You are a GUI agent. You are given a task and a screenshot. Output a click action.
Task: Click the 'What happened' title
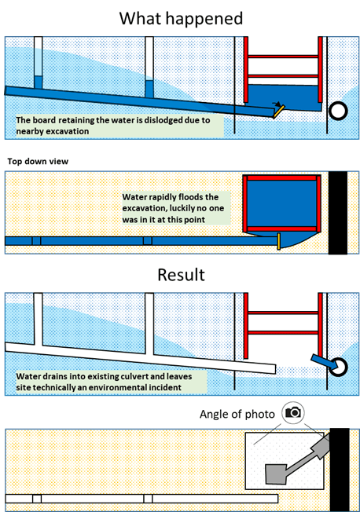[181, 19]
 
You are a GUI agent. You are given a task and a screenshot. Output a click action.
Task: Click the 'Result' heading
[181, 275]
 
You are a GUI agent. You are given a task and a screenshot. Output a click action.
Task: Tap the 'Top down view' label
[38, 161]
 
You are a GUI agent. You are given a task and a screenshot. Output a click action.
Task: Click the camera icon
[293, 412]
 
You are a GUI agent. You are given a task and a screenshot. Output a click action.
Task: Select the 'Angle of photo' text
[237, 414]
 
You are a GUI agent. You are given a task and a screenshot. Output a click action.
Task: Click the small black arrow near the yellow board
[277, 104]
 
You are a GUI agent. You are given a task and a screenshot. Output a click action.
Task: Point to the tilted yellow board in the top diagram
[279, 112]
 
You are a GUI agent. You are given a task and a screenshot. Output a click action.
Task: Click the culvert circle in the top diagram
[338, 111]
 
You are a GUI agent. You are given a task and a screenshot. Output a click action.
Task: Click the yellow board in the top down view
[279, 241]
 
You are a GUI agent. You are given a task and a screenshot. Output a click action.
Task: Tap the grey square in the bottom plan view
[276, 474]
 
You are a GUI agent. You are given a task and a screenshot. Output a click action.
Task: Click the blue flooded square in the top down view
[281, 203]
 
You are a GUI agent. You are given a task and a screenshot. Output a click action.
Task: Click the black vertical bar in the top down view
[338, 213]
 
